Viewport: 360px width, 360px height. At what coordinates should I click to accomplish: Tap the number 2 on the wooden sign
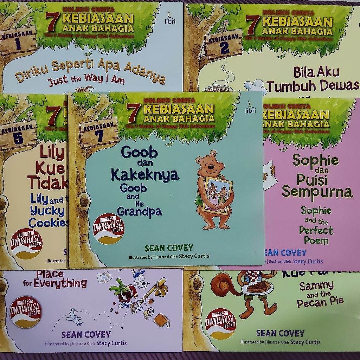pos(224,48)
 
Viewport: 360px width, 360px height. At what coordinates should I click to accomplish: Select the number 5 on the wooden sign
pos(18,139)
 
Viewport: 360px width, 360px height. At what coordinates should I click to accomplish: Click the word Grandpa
pos(139,212)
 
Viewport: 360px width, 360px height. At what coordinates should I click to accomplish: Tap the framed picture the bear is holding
pos(218,195)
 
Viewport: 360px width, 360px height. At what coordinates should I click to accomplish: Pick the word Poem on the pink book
pos(314,241)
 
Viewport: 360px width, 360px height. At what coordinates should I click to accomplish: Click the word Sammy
pos(316,286)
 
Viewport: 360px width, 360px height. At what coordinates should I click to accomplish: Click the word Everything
pos(60,283)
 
